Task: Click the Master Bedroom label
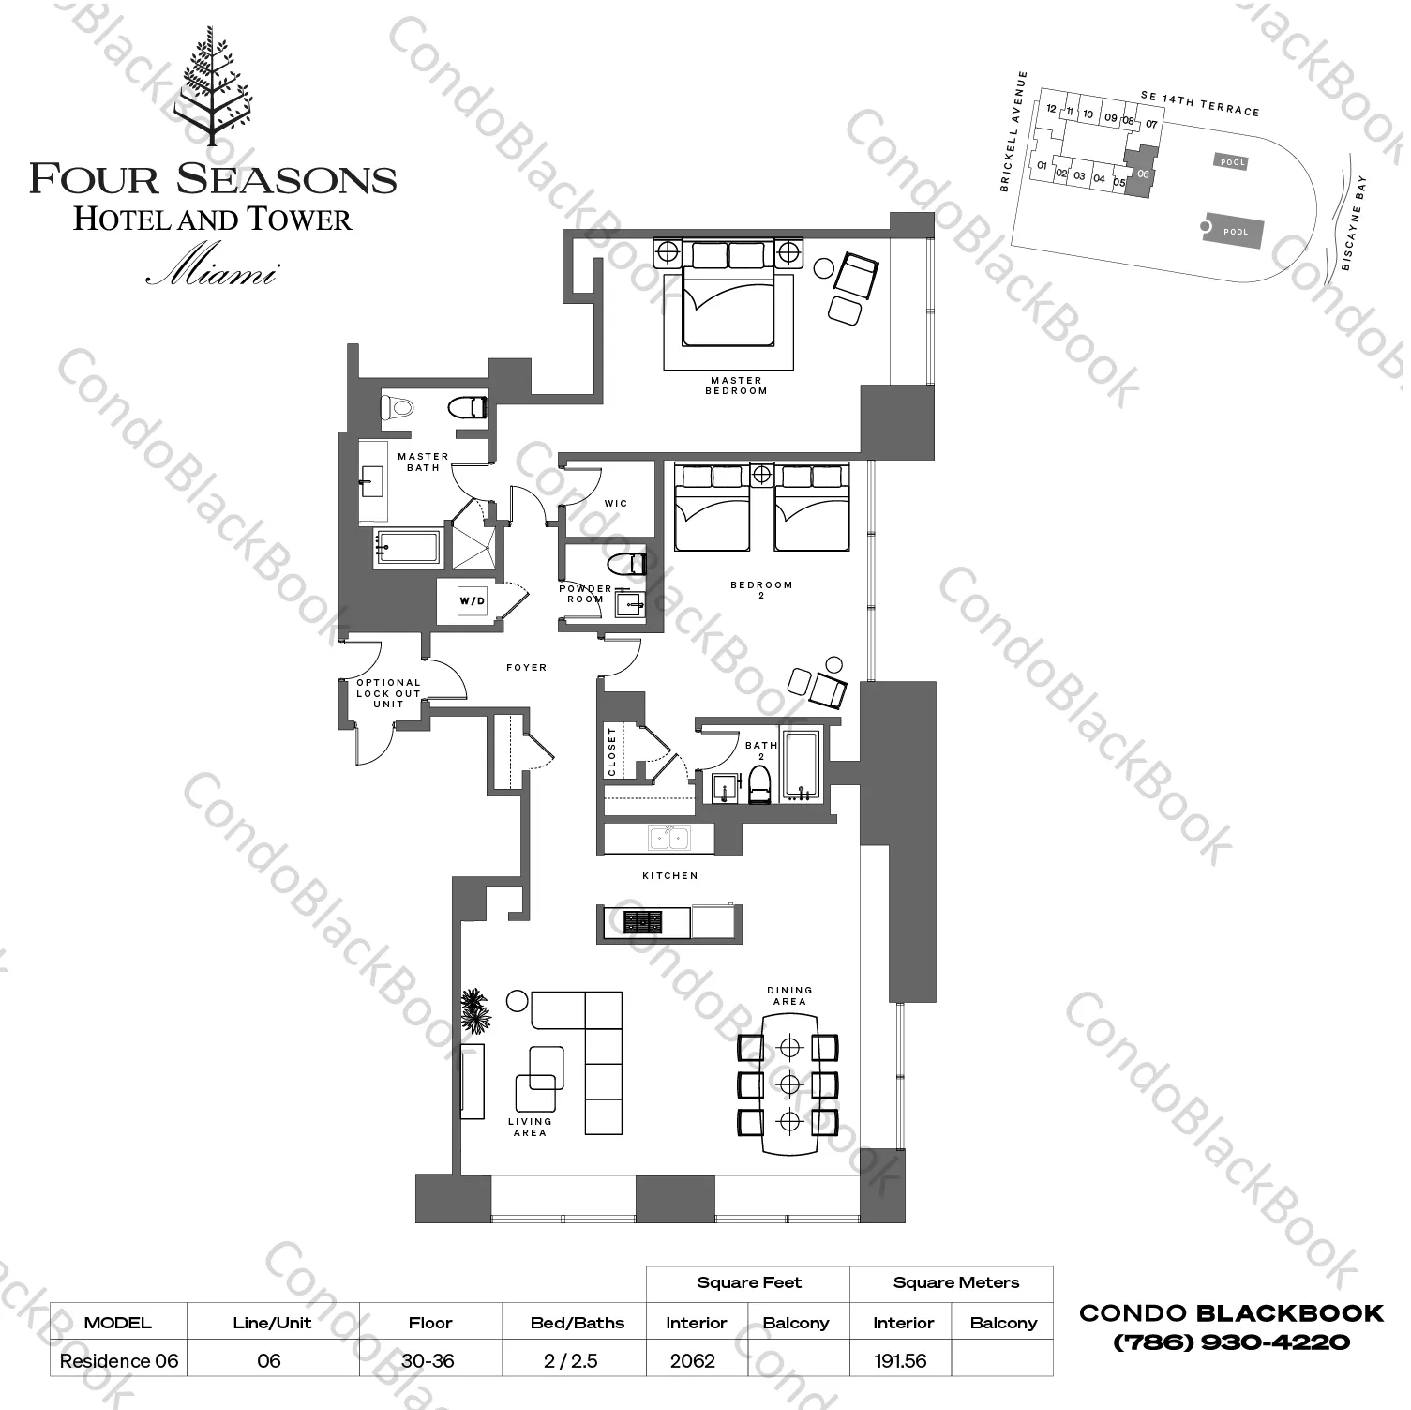[736, 386]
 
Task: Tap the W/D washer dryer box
[473, 600]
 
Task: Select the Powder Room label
[585, 594]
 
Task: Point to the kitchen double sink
[668, 837]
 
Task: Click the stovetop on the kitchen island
[643, 922]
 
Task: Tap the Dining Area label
[789, 995]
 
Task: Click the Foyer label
[526, 668]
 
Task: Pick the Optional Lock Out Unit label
[388, 693]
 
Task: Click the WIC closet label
[616, 504]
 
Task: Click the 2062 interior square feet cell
[693, 1361]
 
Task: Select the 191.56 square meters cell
[900, 1361]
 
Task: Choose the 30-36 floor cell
[428, 1361]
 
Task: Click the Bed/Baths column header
[577, 1323]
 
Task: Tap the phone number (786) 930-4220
[1231, 1342]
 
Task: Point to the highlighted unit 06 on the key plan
[1141, 174]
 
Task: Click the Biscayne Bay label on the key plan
[1356, 223]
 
